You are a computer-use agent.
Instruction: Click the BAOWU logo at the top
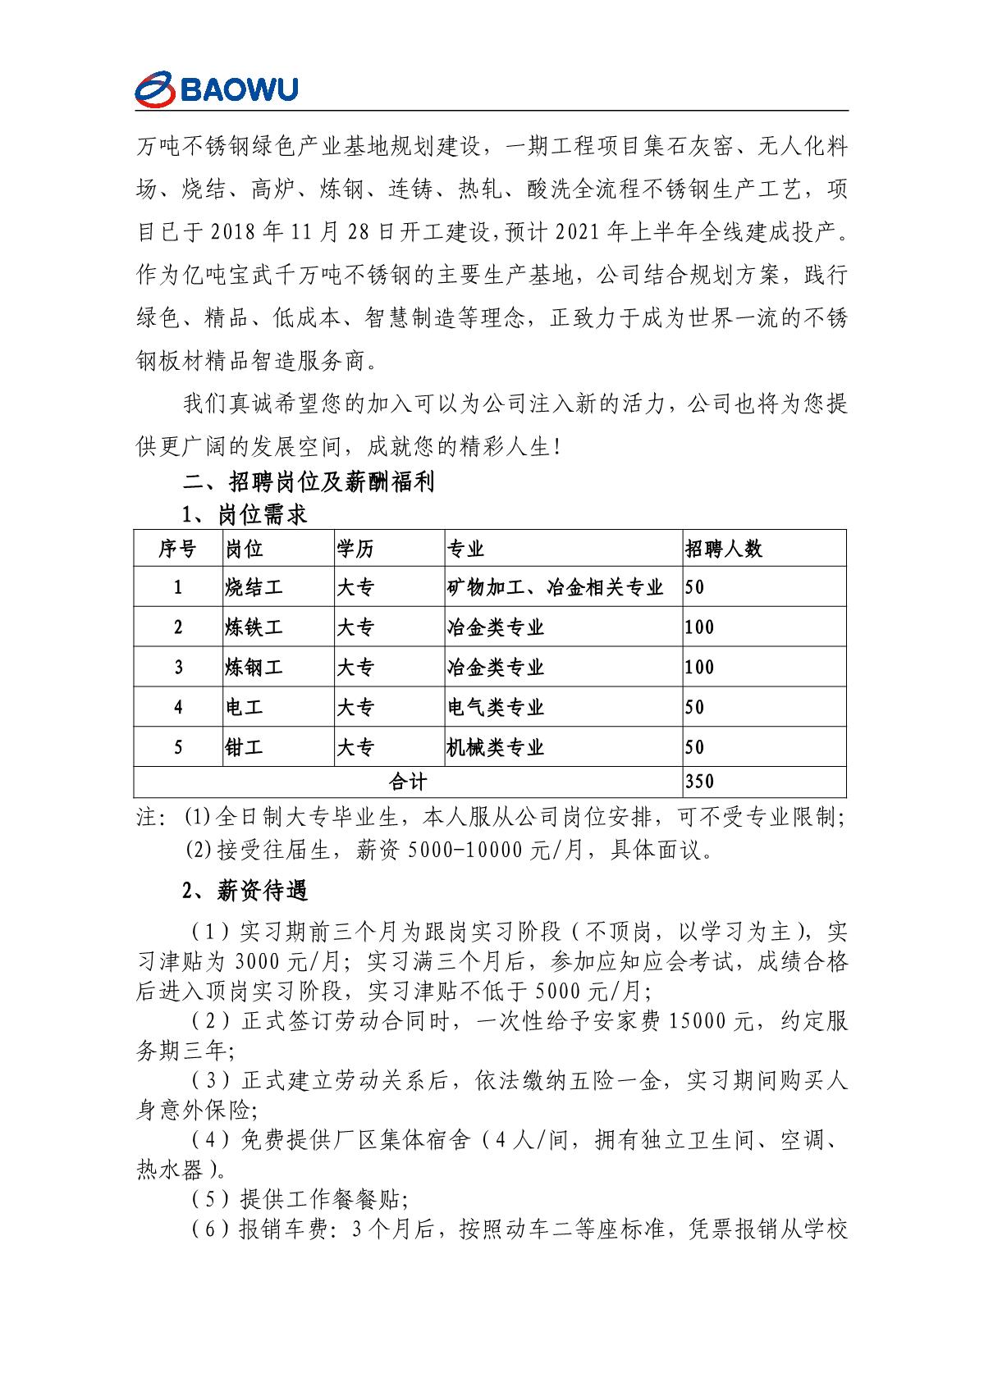coord(217,89)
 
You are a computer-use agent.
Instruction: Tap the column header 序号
coord(178,549)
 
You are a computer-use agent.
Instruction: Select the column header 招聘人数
coord(724,549)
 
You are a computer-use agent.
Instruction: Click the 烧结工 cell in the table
coord(254,587)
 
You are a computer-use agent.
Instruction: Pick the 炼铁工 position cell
coord(254,627)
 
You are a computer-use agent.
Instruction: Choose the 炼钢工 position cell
coord(254,668)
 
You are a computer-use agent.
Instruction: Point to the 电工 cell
coord(245,707)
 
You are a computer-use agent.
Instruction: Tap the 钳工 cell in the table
coord(245,747)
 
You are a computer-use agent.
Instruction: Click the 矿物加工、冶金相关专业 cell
coord(555,587)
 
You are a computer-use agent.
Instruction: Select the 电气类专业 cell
coord(495,707)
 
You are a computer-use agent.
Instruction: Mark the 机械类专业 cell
coord(495,747)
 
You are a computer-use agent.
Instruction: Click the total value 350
coord(699,782)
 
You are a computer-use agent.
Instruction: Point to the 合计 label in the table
coord(408,782)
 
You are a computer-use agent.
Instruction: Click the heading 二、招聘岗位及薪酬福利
coord(308,481)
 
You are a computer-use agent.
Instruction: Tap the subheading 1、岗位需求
coord(245,515)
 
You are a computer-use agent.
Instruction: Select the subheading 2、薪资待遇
coord(245,890)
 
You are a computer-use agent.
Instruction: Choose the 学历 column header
coord(355,549)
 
